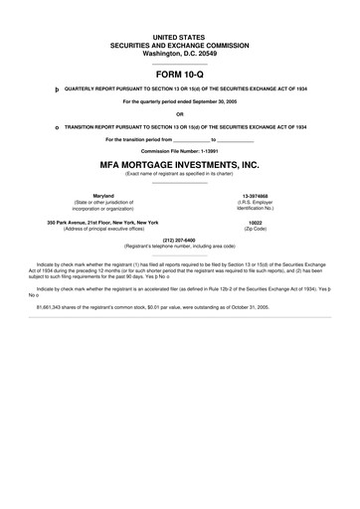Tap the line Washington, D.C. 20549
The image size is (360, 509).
click(179, 52)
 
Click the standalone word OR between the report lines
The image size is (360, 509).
click(179, 114)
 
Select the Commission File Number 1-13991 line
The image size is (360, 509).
click(179, 151)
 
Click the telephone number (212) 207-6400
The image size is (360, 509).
click(179, 240)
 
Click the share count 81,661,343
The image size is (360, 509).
click(52, 308)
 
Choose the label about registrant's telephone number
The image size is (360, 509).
click(179, 246)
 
